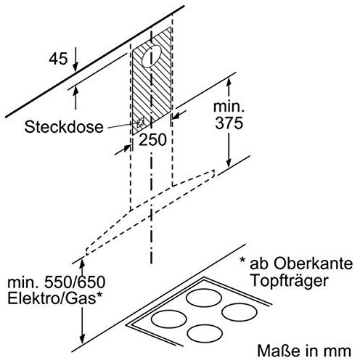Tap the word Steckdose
click(x=64, y=127)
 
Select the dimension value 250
click(x=152, y=140)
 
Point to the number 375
click(x=229, y=123)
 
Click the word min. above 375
click(x=229, y=107)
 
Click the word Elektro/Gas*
click(x=54, y=298)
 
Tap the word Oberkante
click(x=313, y=263)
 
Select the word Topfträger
click(x=289, y=281)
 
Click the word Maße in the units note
click(x=275, y=351)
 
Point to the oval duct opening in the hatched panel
click(x=151, y=56)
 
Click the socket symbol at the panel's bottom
click(x=140, y=123)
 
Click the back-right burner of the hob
click(x=240, y=311)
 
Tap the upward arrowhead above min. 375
click(x=229, y=83)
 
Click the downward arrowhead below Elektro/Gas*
click(x=83, y=339)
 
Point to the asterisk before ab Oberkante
click(x=242, y=261)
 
